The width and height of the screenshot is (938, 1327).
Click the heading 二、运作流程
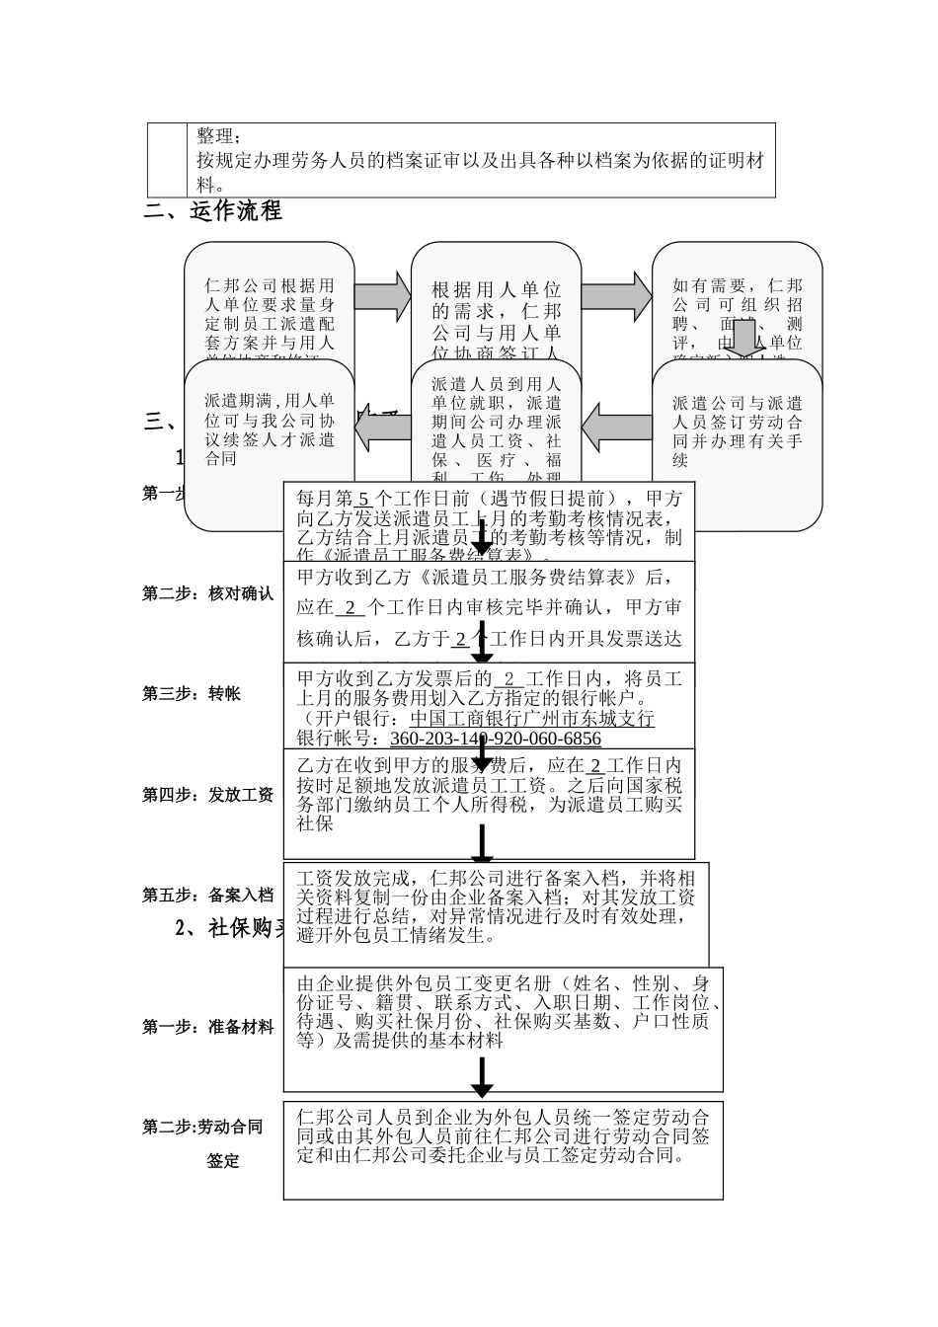click(x=213, y=210)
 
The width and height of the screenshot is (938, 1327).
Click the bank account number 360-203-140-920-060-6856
click(x=496, y=739)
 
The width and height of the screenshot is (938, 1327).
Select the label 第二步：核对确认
click(x=207, y=593)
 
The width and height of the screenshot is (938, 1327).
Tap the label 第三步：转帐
click(x=192, y=693)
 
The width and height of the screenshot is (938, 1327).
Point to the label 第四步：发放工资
click(x=207, y=794)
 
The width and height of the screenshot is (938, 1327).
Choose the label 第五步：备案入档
click(x=207, y=895)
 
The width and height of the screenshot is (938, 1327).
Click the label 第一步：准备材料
click(x=207, y=1027)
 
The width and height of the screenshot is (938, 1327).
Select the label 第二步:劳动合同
click(x=202, y=1127)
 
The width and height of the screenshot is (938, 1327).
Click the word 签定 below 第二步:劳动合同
click(x=223, y=1161)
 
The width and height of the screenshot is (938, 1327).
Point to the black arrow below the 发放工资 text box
click(x=482, y=844)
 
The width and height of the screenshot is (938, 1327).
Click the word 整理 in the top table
click(x=216, y=135)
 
